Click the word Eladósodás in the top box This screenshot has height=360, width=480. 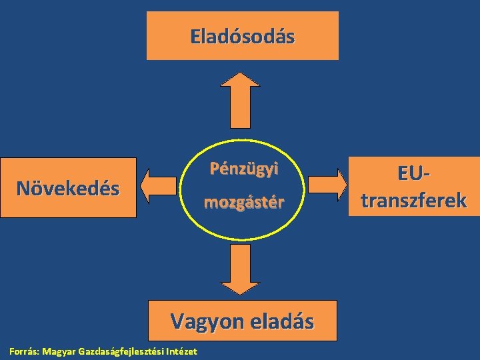point(242,36)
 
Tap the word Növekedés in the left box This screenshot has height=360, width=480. point(68,189)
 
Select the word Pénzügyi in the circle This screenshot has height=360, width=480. point(244,169)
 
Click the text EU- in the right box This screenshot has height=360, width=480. point(413,174)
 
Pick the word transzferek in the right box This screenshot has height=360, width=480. point(413,199)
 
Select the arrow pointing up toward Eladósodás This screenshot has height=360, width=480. point(239,100)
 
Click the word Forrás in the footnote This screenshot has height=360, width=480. point(23,351)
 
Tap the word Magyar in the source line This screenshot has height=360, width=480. point(59,351)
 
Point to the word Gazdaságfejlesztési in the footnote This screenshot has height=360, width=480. point(121,351)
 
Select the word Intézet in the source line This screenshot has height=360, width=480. point(181,351)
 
